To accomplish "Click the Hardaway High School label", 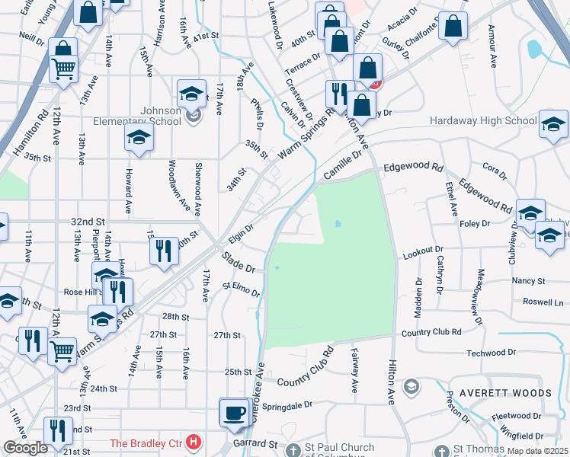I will tap(483, 120).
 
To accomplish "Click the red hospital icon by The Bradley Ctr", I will tap(194, 442).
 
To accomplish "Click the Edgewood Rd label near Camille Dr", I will tap(414, 167).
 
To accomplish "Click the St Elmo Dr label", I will tap(242, 289).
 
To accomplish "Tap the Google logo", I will tap(25, 447).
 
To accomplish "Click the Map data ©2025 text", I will tap(537, 450).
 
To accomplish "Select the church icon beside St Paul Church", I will tap(293, 450).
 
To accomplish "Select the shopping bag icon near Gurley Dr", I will tap(453, 26).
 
